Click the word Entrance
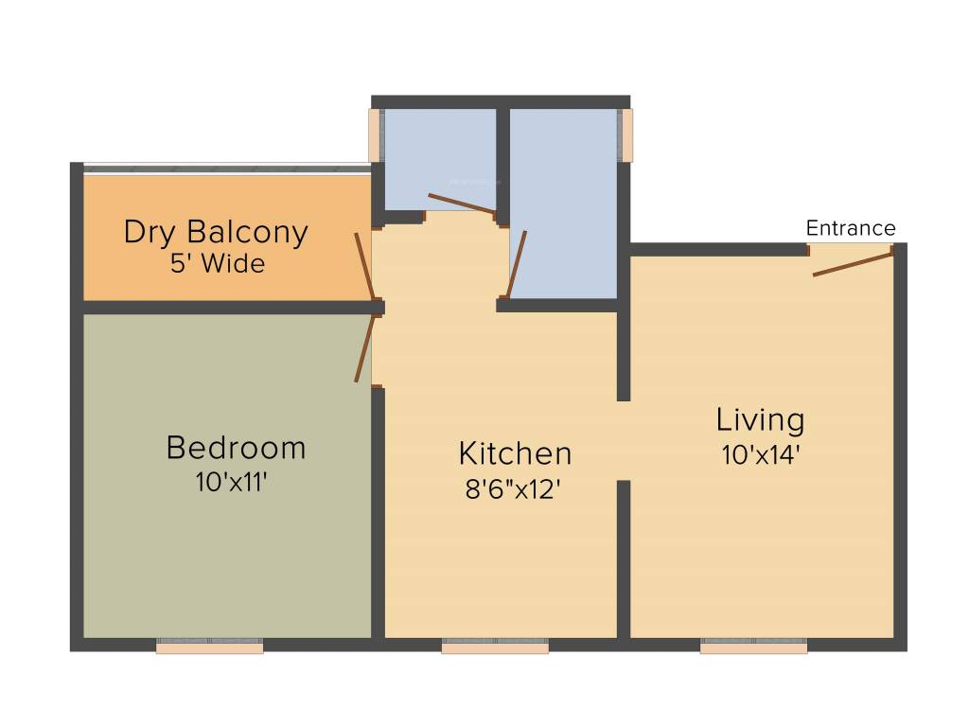pos(850,228)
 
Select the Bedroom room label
pos(236,447)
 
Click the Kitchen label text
pos(515,453)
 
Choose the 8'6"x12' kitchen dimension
pos(516,489)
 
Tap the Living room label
pos(760,419)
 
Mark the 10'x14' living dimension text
pos(761,455)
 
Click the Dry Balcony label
pos(216,232)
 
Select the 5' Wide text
pos(218,264)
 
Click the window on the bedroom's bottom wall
pos(209,647)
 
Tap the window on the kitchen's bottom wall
pos(495,647)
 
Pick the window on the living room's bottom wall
pos(753,647)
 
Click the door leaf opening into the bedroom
pos(365,348)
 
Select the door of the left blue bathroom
pos(461,204)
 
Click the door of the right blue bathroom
pos(516,265)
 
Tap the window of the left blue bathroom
pos(375,134)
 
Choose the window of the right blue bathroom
pos(625,134)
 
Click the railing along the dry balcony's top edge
pos(227,169)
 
